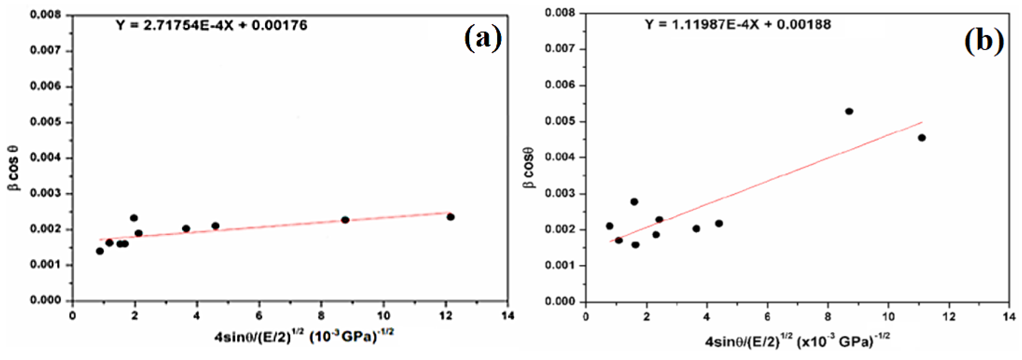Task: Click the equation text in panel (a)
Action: pyautogui.click(x=211, y=25)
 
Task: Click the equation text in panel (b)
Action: pyautogui.click(x=737, y=25)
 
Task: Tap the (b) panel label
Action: pyautogui.click(x=984, y=41)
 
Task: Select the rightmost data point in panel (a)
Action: pyautogui.click(x=450, y=217)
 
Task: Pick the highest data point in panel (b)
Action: pyautogui.click(x=849, y=112)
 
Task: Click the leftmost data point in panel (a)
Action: pyautogui.click(x=100, y=251)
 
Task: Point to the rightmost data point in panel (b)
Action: pyautogui.click(x=922, y=138)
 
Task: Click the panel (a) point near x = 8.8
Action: pyautogui.click(x=345, y=219)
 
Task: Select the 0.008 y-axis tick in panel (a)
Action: pyautogui.click(x=46, y=15)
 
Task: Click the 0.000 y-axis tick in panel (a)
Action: pyautogui.click(x=46, y=300)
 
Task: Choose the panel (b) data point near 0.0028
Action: pyautogui.click(x=634, y=202)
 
